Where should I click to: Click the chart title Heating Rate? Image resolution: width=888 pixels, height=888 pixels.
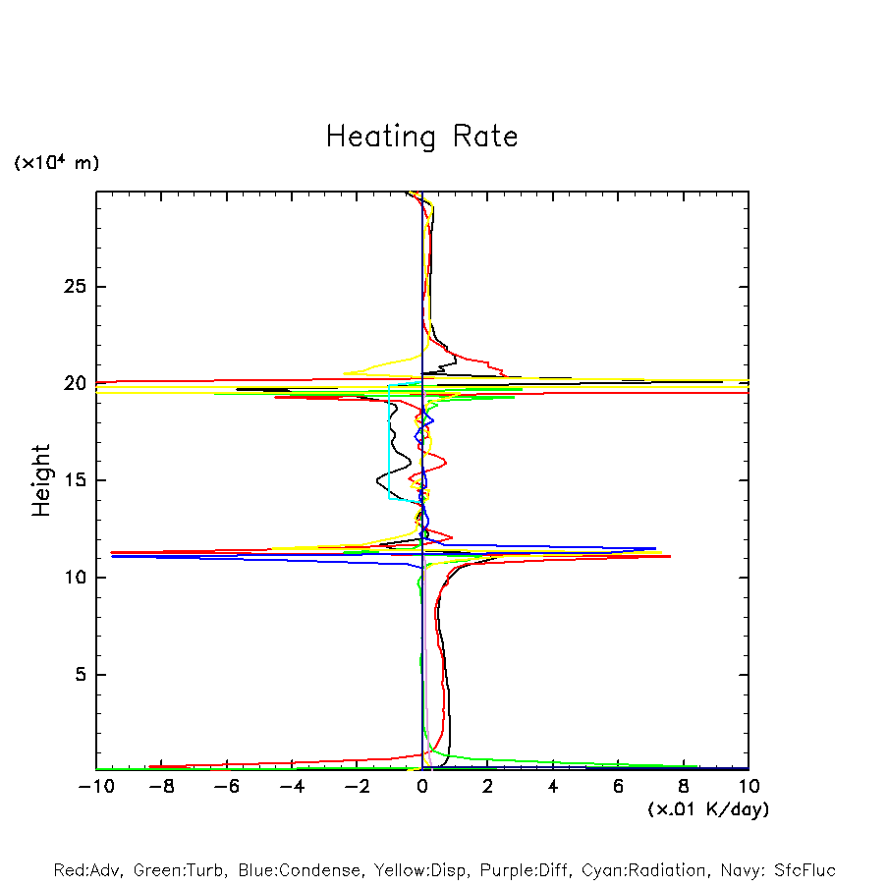pos(421,136)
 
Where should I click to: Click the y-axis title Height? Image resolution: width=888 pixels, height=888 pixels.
pos(41,480)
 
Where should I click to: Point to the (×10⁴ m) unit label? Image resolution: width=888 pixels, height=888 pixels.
pos(56,163)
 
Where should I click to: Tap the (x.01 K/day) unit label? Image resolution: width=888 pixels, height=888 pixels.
pos(708,809)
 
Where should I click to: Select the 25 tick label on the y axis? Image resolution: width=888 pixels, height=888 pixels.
pos(69,287)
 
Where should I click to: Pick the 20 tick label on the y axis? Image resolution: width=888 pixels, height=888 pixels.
pos(69,384)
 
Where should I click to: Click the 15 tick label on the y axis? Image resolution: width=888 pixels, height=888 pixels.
pos(69,480)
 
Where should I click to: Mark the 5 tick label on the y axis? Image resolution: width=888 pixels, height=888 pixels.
pos(75,675)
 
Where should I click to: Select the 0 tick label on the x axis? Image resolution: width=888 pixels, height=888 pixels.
pos(422,787)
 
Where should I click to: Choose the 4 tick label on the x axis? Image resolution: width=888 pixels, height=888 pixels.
pos(553,787)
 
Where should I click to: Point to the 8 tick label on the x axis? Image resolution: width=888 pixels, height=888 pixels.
pos(684,787)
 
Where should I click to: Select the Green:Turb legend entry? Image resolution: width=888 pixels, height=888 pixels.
pos(180,870)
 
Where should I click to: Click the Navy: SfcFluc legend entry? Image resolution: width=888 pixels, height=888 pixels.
pos(776,870)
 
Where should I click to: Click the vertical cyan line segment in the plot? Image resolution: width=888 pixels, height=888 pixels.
pos(389,442)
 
